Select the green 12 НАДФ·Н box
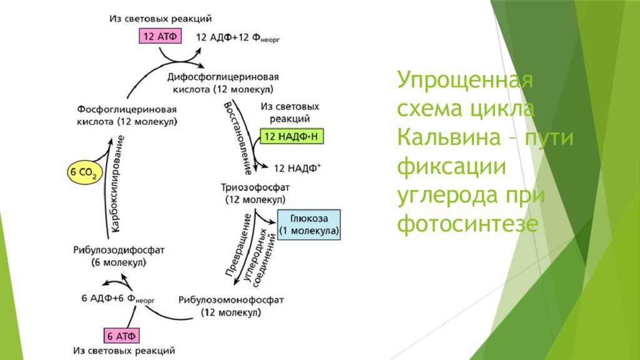[292, 137]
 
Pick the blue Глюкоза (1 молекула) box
[309, 224]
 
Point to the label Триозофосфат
[255, 187]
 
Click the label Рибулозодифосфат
[119, 250]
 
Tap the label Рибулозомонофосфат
[231, 299]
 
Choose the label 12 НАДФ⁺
[297, 167]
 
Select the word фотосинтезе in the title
[466, 223]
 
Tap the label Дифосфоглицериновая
[222, 76]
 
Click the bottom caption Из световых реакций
[123, 351]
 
